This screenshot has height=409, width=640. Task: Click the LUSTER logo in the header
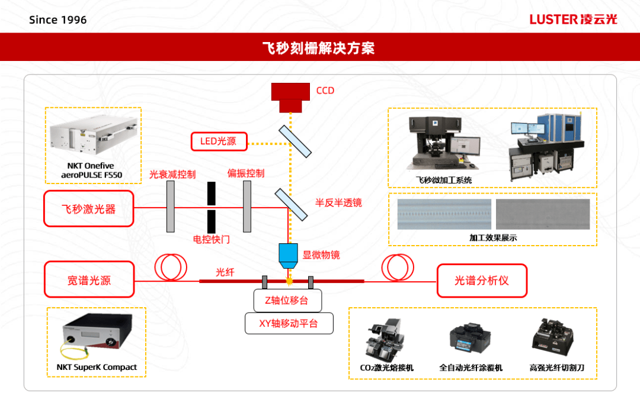click(x=573, y=20)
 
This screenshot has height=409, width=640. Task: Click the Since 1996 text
click(x=58, y=20)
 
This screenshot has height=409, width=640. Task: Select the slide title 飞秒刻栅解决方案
click(x=319, y=48)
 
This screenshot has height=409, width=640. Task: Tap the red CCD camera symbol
click(x=290, y=96)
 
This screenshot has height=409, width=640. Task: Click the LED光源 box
click(x=218, y=141)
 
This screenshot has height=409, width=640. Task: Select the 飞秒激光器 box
click(x=88, y=209)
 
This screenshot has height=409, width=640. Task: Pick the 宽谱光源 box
click(x=88, y=280)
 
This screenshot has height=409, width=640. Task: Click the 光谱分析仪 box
click(x=481, y=280)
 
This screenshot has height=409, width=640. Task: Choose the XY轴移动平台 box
click(x=289, y=324)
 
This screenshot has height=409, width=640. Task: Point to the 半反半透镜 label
click(x=338, y=202)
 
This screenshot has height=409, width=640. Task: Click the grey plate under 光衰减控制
click(x=171, y=207)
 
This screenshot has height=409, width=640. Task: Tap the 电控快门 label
click(x=212, y=240)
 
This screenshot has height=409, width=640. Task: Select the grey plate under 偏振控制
click(x=247, y=207)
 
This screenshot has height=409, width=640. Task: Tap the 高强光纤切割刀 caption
click(x=556, y=368)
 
